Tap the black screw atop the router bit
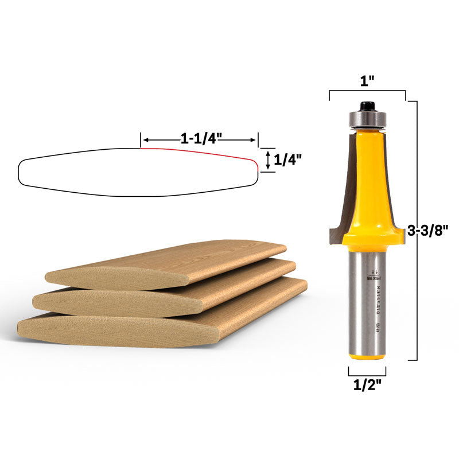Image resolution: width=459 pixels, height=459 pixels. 365,106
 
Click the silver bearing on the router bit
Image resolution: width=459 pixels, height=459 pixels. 366,119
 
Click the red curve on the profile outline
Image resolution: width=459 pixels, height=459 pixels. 201,151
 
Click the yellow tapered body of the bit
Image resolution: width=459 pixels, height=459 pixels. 367,172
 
